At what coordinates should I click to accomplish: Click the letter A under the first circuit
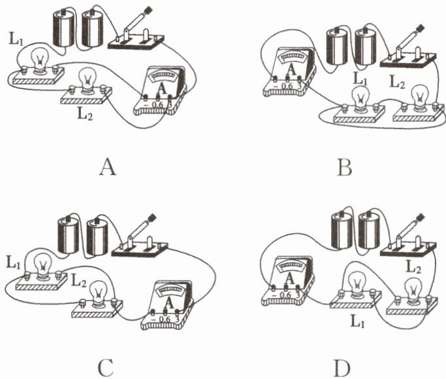coord(108,169)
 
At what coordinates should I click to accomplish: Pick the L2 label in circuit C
coord(78,282)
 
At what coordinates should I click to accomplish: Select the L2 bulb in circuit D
coord(413,288)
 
